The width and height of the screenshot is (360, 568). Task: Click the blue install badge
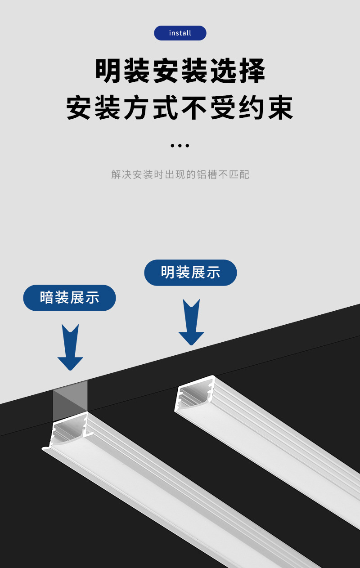(180, 33)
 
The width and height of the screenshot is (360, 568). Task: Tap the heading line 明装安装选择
(180, 71)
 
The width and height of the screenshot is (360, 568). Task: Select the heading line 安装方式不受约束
(180, 107)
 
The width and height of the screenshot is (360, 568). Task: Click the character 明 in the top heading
(108, 71)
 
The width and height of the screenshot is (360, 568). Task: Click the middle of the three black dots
(180, 146)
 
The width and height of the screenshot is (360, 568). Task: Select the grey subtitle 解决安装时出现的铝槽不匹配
(180, 174)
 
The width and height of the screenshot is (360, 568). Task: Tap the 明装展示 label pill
(190, 273)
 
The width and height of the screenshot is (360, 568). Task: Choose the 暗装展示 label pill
(69, 298)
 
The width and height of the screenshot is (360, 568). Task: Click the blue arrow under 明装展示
(191, 323)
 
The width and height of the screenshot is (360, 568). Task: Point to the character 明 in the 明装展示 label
(168, 273)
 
